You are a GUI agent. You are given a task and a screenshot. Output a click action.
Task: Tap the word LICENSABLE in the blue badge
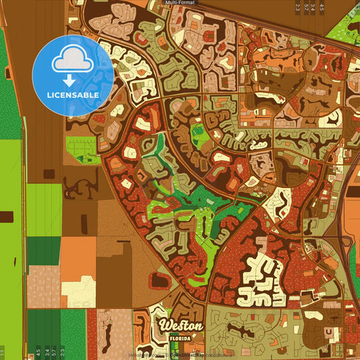pos(73,95)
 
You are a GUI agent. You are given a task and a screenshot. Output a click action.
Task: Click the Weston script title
pos(180,326)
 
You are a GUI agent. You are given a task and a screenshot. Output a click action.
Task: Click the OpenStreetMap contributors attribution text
pos(196,354)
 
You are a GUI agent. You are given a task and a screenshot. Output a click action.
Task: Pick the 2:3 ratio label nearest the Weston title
pos(63,352)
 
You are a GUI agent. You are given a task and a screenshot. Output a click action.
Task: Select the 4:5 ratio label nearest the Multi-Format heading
pos(322,7)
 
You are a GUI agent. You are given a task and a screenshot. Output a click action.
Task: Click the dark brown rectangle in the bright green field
pos(6,217)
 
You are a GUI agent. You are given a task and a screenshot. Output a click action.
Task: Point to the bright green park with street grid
pos(81,149)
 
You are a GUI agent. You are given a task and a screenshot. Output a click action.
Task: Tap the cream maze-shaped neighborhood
pos(261,280)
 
